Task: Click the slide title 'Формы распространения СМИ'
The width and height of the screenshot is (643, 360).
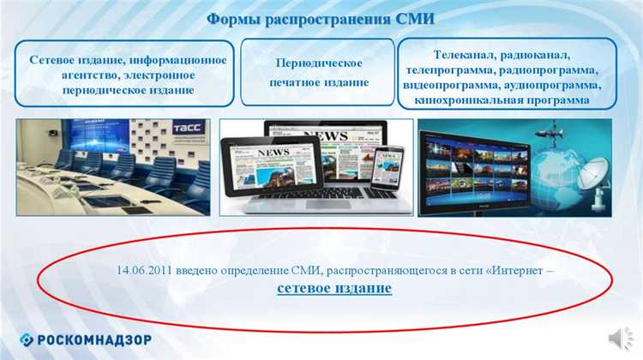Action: tap(321, 19)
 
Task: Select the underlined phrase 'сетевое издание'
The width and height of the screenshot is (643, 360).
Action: tap(334, 288)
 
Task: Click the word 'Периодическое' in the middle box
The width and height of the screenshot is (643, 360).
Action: tap(318, 63)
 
